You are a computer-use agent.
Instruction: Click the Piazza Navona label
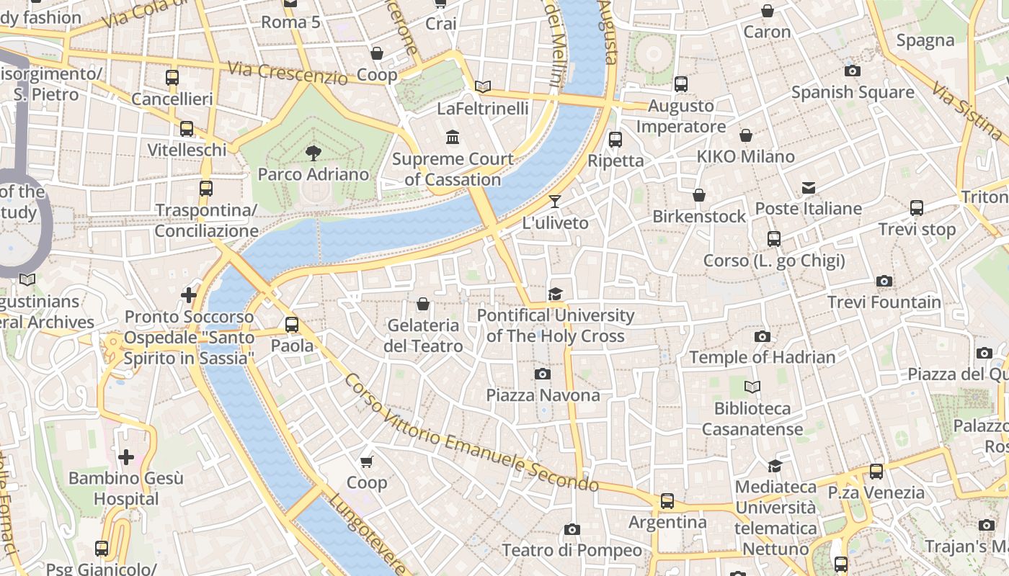point(543,395)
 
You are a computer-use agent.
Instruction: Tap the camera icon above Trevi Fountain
point(884,281)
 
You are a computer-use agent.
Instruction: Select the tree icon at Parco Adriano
point(313,153)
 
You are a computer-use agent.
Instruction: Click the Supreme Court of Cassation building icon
point(453,137)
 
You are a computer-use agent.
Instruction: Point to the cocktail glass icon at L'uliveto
point(555,201)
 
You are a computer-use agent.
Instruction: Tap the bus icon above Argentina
point(667,500)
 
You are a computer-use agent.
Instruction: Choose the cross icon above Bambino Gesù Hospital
point(126,457)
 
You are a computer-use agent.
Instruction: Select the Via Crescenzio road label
point(288,73)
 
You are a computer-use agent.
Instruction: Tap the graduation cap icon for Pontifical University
point(555,294)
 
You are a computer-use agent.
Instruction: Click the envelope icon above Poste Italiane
point(809,188)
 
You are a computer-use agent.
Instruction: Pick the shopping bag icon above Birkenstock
point(698,195)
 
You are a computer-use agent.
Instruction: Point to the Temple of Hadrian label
point(762,357)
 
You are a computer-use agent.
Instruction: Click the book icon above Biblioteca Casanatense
point(752,387)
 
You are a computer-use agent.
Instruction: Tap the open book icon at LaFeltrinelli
point(483,87)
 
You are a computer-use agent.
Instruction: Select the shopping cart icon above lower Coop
point(367,462)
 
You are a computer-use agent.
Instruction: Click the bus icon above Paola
point(292,324)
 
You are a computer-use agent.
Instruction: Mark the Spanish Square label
point(853,92)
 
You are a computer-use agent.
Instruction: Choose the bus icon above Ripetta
point(615,140)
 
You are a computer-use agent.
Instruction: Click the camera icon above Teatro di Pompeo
point(572,529)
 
